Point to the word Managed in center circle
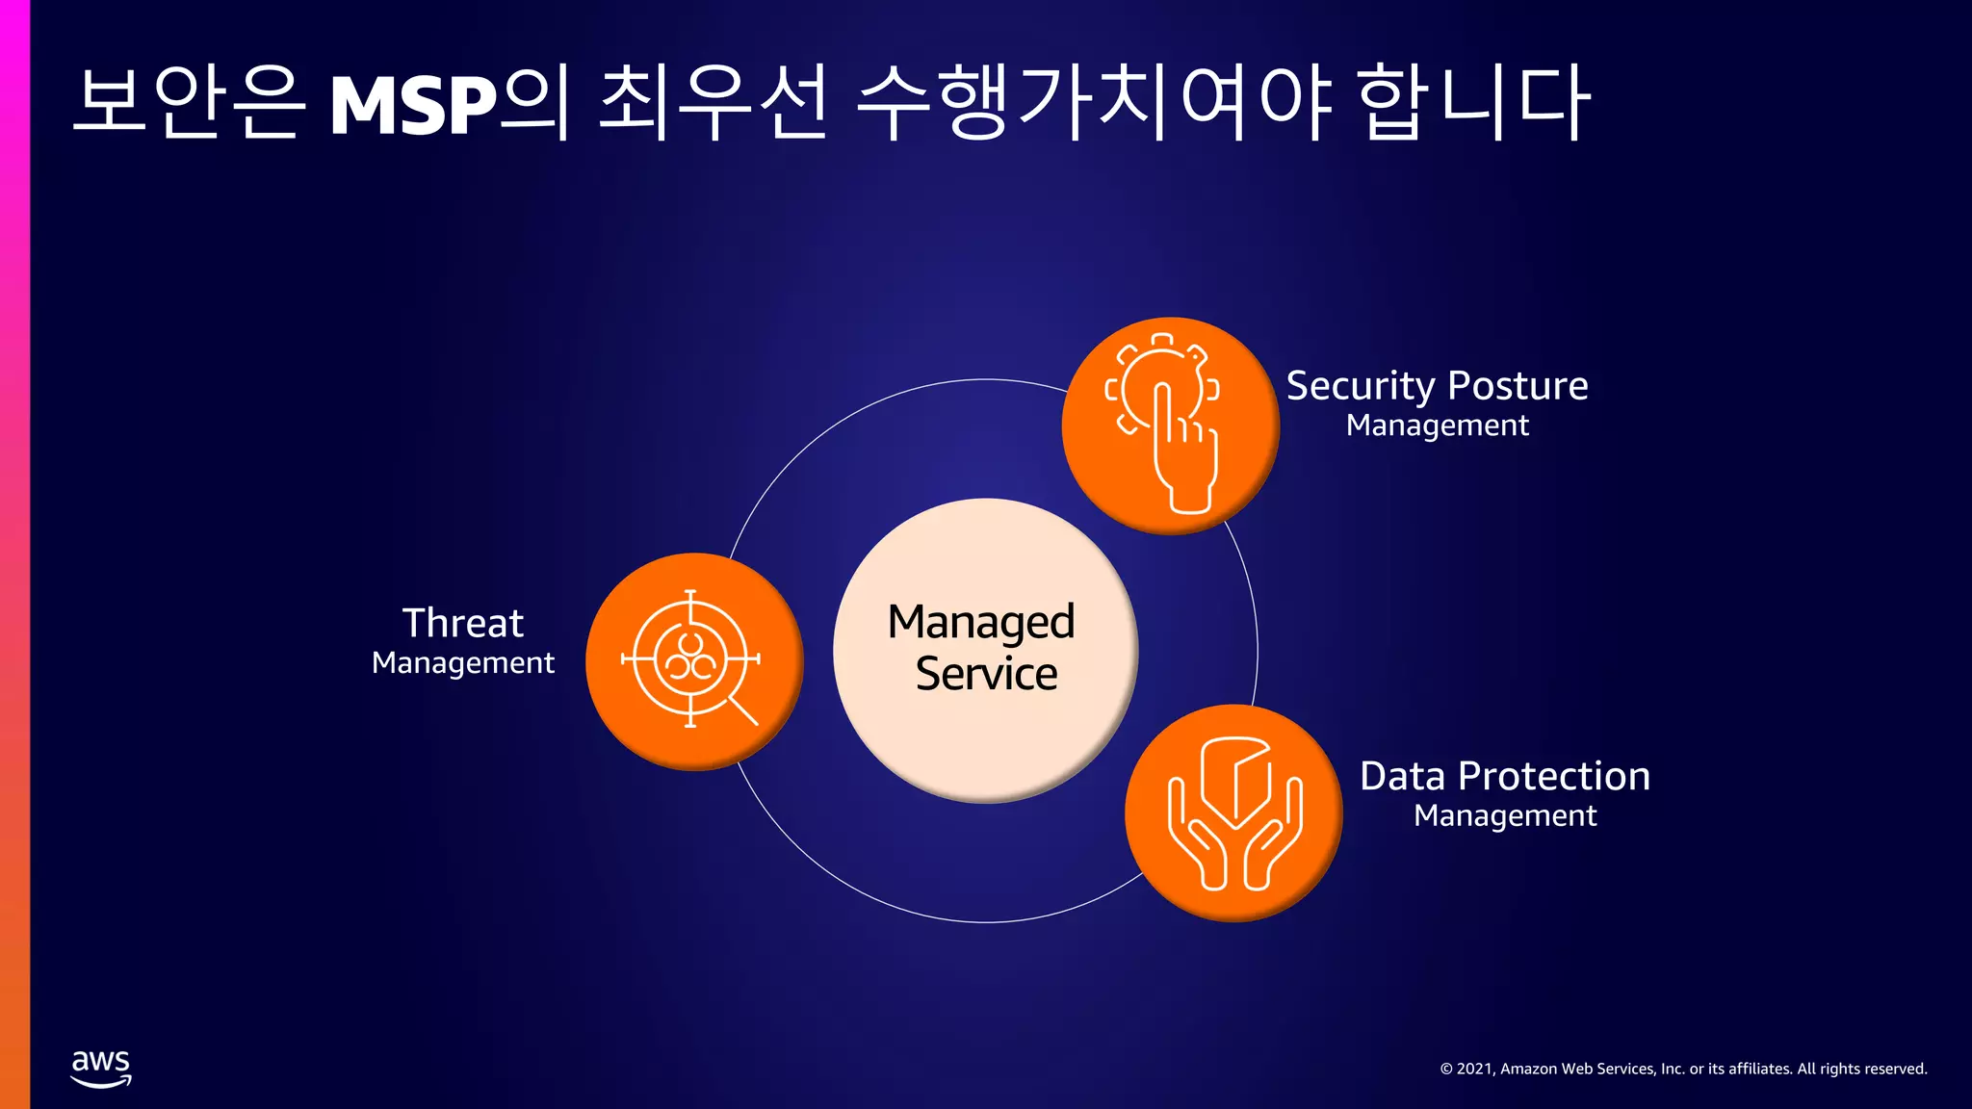pyautogui.click(x=980, y=622)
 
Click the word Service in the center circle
pyautogui.click(x=986, y=674)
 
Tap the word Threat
pyautogui.click(x=462, y=623)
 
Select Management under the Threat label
pyautogui.click(x=462, y=663)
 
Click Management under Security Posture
pyautogui.click(x=1437, y=426)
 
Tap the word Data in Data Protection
pyautogui.click(x=1402, y=776)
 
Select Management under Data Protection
pyautogui.click(x=1505, y=816)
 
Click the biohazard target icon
pyautogui.click(x=689, y=659)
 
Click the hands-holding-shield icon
pyautogui.click(x=1234, y=813)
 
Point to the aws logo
pyautogui.click(x=101, y=1068)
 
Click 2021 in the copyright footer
pyautogui.click(x=1474, y=1069)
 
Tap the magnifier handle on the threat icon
pyautogui.click(x=743, y=711)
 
